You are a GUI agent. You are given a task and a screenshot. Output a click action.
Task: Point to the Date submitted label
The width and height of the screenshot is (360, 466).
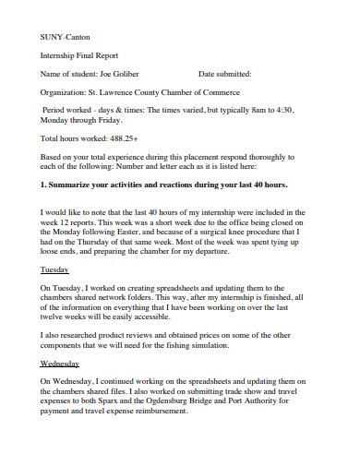(224, 74)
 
